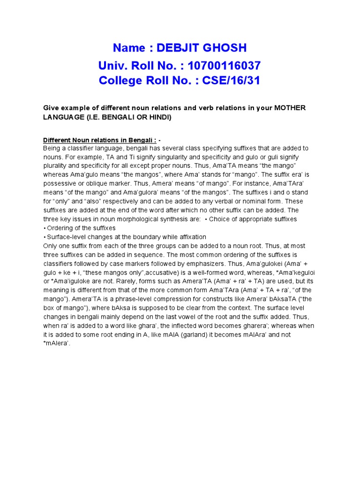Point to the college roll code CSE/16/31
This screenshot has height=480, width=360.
[x=231, y=81]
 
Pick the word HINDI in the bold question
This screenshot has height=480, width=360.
[x=158, y=117]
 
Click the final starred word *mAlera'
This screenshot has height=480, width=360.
[x=56, y=343]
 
